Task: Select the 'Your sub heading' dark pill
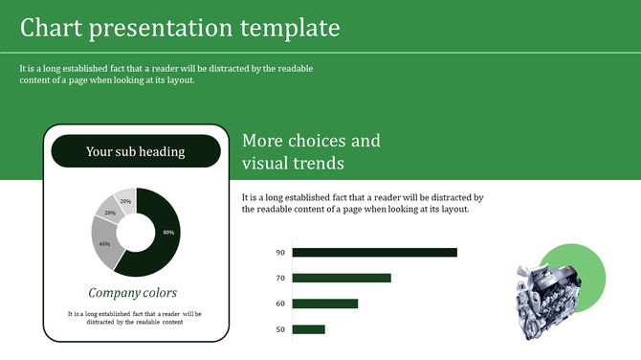136,151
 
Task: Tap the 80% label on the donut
168,233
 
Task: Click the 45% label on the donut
104,244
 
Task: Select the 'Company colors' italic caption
132,293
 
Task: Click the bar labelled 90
374,253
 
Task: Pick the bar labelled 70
342,278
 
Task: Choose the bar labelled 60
324,304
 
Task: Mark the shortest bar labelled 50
308,329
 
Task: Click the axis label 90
280,253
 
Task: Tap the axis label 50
280,329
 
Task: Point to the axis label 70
280,278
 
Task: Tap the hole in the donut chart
136,233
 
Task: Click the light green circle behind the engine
586,263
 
